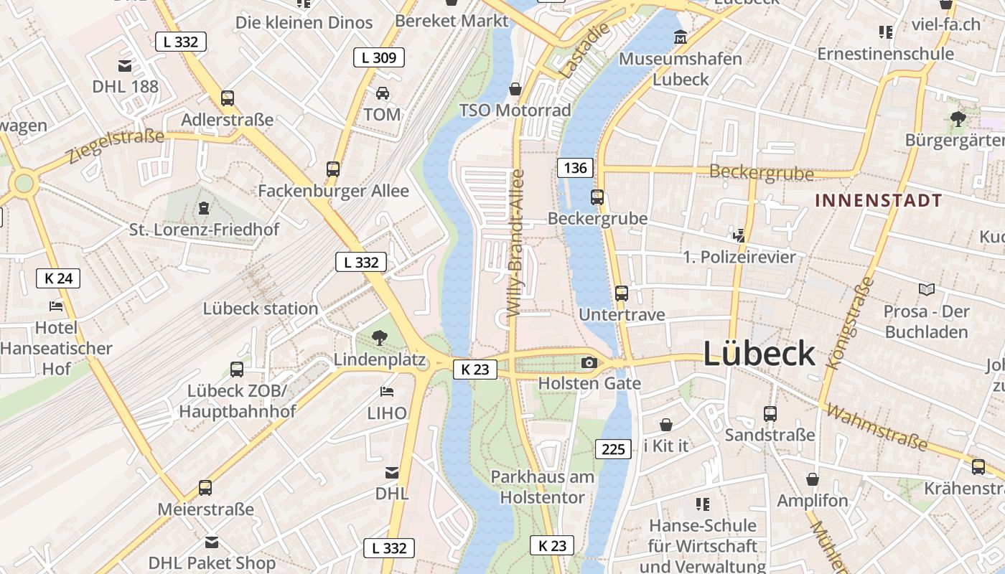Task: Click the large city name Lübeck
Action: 759,354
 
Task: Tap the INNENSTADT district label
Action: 878,201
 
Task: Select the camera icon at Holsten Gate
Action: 589,363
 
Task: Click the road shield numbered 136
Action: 575,169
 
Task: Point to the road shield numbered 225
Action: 613,449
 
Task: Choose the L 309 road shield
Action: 379,57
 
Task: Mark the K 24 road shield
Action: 58,278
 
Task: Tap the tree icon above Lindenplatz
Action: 379,337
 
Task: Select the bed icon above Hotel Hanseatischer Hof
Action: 56,306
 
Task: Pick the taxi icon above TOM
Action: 383,93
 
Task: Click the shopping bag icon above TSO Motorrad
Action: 515,89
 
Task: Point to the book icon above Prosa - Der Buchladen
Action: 927,289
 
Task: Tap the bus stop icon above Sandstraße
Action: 770,413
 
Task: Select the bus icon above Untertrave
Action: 622,293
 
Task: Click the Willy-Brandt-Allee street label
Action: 515,243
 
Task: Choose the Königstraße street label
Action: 851,324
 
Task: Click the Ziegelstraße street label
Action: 116,146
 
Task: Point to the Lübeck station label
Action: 260,309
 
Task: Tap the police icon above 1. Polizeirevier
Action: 739,235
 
